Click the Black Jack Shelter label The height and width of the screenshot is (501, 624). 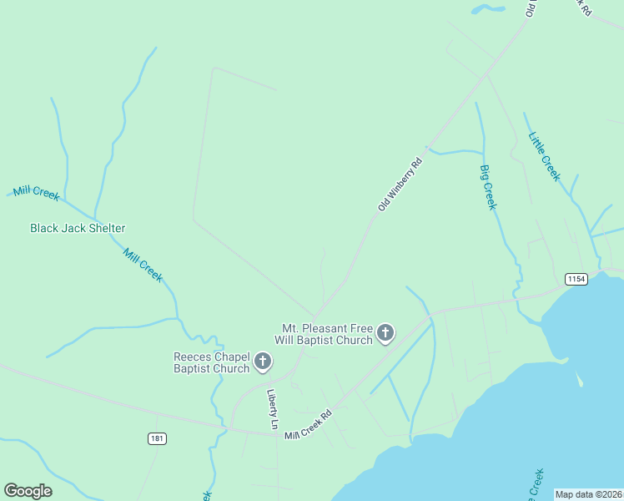coord(78,228)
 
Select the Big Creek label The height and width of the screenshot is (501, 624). coord(488,187)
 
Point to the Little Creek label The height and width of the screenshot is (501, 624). coord(544,156)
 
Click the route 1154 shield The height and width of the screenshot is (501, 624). coord(575,278)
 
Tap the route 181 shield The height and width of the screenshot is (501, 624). coord(157,438)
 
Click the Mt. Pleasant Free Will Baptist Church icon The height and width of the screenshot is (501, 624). coord(385,334)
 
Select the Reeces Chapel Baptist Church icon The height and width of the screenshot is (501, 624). coord(263,362)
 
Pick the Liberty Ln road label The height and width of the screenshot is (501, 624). coord(271,409)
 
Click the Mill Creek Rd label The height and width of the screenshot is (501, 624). coord(308,424)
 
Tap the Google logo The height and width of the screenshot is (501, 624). coord(28,491)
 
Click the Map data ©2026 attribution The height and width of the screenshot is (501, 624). coord(588,494)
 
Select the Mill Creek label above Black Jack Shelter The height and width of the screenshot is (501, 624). coord(35,193)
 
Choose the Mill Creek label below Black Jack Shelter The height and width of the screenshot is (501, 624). coord(143,265)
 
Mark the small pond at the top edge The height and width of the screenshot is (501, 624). coord(488,9)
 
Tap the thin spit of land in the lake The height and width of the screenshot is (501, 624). coord(577,379)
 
